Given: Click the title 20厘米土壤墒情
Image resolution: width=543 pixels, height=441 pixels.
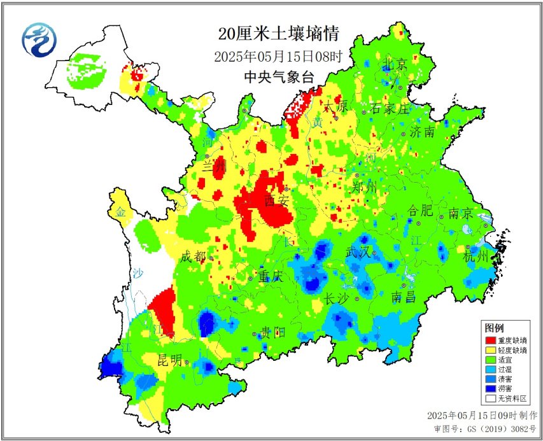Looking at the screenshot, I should click(x=278, y=34).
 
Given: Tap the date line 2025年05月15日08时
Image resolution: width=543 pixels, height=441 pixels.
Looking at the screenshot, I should click(x=278, y=57).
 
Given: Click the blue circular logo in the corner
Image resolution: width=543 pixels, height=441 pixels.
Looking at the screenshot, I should click(x=39, y=39).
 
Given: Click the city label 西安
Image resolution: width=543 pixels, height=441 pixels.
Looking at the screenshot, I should click(x=278, y=200).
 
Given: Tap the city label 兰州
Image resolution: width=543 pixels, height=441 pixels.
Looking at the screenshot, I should click(x=214, y=167).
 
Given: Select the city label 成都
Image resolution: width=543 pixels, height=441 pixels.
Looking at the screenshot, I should click(x=194, y=257).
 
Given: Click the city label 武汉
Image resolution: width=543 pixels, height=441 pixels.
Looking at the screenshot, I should click(x=358, y=252).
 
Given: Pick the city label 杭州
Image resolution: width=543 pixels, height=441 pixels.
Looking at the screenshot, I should click(x=476, y=256).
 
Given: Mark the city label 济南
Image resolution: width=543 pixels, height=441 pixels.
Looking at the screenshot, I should click(x=423, y=132).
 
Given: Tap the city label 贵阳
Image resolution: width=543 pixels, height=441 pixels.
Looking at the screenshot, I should click(x=273, y=332).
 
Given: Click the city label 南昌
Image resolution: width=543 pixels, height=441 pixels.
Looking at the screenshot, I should click(x=404, y=297).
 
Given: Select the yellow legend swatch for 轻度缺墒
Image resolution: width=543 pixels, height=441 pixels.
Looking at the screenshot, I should click(x=490, y=351).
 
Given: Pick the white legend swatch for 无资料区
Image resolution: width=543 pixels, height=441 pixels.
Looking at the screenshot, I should click(x=490, y=398).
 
